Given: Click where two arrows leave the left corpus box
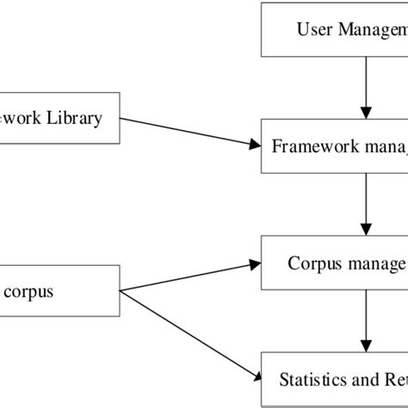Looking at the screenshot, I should (121, 290).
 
